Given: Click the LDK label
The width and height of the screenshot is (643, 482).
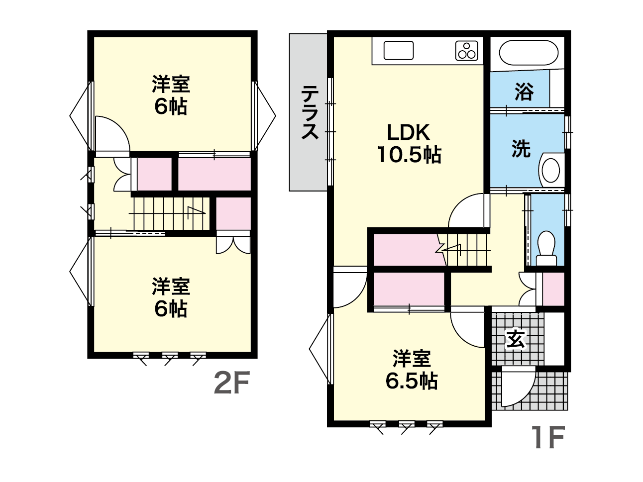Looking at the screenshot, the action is [x=409, y=133].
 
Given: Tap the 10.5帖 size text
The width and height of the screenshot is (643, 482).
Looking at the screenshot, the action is [x=409, y=155].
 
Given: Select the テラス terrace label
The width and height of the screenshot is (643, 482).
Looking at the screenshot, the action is [x=310, y=112].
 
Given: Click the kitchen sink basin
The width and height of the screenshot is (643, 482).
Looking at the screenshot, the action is [x=399, y=50].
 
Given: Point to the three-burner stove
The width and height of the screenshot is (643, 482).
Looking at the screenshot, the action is [x=467, y=51].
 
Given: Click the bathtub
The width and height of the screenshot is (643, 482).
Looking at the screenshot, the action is [x=529, y=53].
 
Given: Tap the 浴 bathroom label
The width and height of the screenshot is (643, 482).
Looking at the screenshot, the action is [x=524, y=92].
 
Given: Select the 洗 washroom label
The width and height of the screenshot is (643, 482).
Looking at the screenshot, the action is [x=521, y=149].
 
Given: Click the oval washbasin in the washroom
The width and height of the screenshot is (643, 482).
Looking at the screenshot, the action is [x=551, y=170].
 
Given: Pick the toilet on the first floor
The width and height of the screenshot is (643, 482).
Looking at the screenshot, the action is [x=546, y=249].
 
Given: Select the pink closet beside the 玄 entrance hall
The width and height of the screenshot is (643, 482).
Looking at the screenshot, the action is [x=553, y=289].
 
